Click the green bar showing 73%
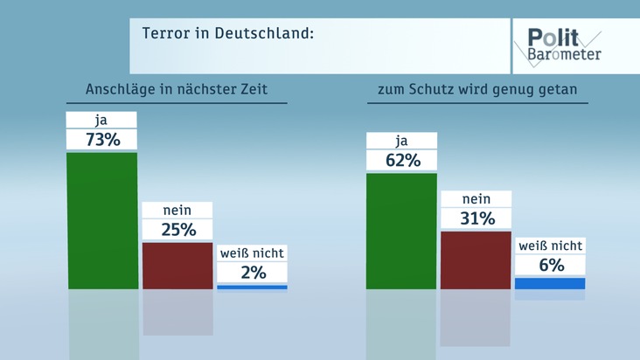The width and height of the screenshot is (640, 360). [x=102, y=220]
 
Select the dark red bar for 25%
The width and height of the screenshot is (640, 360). [x=177, y=265]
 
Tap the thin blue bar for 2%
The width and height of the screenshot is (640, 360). [x=252, y=287]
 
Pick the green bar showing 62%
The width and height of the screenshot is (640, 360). [x=401, y=231]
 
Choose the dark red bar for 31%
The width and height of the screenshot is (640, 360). [x=476, y=260]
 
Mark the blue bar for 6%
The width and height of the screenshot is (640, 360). [x=550, y=283]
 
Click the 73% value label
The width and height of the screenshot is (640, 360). [x=102, y=139]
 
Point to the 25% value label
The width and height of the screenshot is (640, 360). [x=177, y=229]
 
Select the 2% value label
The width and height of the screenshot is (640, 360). [x=252, y=272]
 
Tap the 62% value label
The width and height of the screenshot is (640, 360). [x=401, y=160]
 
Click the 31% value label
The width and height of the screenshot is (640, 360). [x=476, y=218]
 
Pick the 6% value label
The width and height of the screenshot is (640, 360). [x=550, y=265]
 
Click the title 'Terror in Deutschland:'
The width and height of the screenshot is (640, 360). [x=227, y=34]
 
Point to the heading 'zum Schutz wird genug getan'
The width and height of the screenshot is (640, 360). [x=477, y=89]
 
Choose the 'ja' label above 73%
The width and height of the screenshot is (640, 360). [x=102, y=120]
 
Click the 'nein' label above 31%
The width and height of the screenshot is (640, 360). [x=476, y=198]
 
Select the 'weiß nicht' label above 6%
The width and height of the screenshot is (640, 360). [x=550, y=246]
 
